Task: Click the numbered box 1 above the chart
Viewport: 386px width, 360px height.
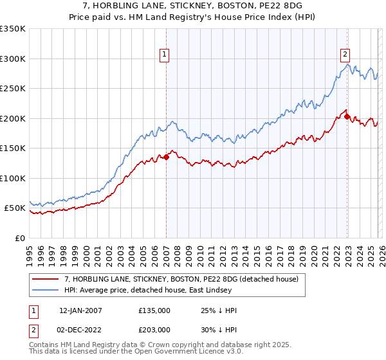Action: click(165, 55)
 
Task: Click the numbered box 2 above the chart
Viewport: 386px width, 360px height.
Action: click(345, 55)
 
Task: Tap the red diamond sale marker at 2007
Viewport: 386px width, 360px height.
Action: click(166, 156)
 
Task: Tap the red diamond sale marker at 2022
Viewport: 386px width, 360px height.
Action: click(347, 116)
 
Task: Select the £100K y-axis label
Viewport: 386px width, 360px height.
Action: click(12, 178)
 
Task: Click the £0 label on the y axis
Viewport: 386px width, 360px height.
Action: click(19, 238)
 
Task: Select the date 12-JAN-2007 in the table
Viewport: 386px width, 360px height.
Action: click(80, 310)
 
